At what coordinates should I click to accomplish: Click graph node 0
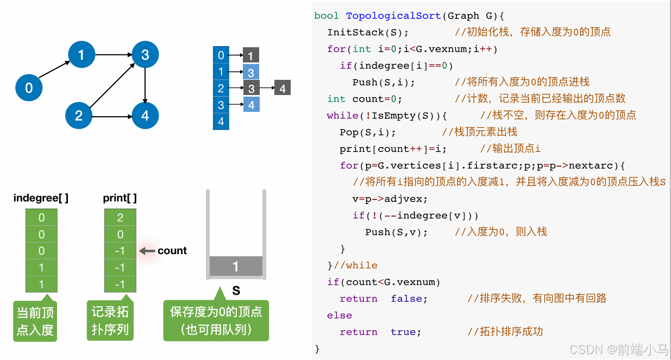click(29, 88)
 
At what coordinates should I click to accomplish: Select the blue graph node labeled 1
click(81, 54)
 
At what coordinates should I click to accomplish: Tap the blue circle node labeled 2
click(79, 115)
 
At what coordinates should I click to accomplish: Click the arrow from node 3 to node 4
click(145, 84)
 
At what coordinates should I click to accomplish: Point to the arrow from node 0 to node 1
click(55, 70)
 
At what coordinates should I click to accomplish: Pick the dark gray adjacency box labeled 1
click(250, 55)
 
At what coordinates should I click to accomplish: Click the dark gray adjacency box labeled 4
click(283, 88)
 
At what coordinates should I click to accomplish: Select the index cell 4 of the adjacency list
click(221, 122)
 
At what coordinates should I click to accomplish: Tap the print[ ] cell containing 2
click(120, 218)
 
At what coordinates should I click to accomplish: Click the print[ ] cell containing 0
click(120, 235)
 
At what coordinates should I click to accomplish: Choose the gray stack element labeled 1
click(236, 266)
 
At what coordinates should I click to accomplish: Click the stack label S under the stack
click(236, 290)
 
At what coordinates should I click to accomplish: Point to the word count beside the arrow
click(172, 251)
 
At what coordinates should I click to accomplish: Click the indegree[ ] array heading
click(41, 198)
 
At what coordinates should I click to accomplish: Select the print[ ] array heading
click(120, 198)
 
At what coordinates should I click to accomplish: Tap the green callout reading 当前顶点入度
click(35, 321)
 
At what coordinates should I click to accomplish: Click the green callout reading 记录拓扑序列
click(110, 321)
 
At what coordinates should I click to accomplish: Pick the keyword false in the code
click(409, 299)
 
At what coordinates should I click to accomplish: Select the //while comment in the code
click(355, 266)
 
